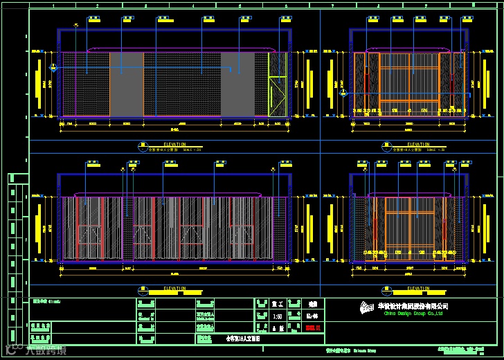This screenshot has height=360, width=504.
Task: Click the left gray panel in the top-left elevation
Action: coord(127,84)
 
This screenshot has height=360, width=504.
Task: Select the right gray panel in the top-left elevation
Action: coord(237,84)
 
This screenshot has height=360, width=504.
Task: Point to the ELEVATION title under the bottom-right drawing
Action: coord(407,289)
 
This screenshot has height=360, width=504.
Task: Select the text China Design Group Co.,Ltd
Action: coord(413,314)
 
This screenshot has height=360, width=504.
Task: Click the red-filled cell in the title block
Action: coord(314,327)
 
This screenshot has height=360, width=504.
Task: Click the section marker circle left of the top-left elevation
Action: coord(53,67)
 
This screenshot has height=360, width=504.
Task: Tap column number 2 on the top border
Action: coord(96,6)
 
